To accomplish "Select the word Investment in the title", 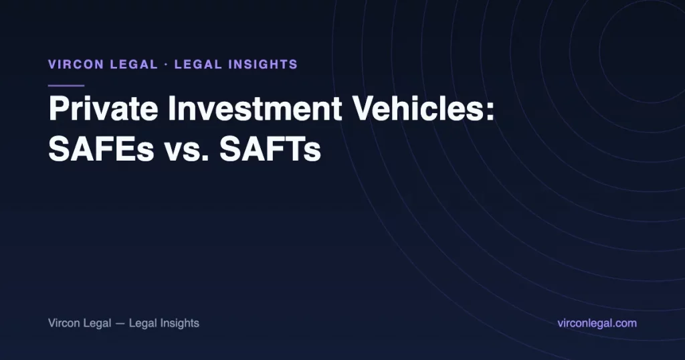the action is click(255, 108).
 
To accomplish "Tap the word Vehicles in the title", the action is click(419, 108).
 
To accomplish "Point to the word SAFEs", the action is click(102, 149).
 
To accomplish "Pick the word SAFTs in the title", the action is click(270, 149).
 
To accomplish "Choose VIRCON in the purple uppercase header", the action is click(76, 65).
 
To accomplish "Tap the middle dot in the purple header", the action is click(166, 65).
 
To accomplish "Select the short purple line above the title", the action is click(66, 86).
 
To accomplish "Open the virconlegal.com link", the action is click(597, 323).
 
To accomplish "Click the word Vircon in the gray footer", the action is click(64, 323).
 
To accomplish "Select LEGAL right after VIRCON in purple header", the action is click(134, 65).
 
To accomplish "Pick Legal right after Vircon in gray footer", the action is click(97, 323).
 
